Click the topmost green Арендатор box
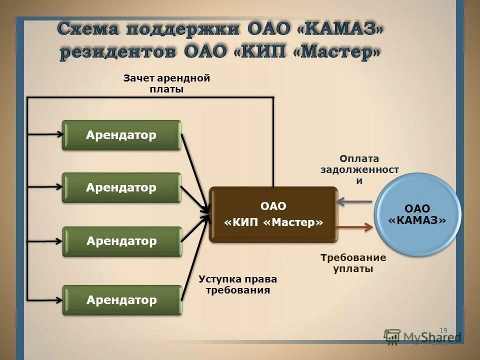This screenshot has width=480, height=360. (x=121, y=135)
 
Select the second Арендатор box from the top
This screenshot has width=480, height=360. (x=121, y=187)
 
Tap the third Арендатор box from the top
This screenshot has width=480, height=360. (x=121, y=241)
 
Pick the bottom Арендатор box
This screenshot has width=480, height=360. (x=121, y=300)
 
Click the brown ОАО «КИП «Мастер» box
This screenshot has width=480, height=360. (x=273, y=214)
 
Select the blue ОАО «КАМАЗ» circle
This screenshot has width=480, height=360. (x=417, y=214)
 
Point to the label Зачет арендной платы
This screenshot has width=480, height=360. (x=166, y=83)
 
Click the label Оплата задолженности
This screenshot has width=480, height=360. (x=359, y=169)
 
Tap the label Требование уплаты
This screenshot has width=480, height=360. (x=353, y=263)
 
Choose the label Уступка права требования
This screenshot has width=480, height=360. (x=237, y=284)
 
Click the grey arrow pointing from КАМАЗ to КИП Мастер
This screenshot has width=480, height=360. (x=355, y=201)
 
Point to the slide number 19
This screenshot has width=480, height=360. (x=443, y=330)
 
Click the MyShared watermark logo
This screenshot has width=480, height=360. (x=422, y=336)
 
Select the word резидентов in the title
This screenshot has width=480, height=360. (x=118, y=52)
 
